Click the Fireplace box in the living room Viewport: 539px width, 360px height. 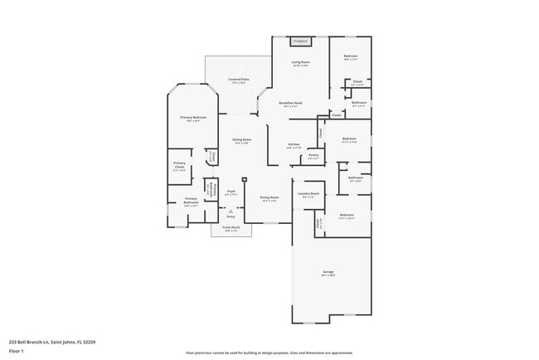click(300, 41)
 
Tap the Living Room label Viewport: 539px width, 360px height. click(300, 63)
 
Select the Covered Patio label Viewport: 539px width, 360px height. click(239, 80)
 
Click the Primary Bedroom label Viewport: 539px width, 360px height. click(193, 119)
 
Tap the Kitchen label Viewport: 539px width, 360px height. click(294, 145)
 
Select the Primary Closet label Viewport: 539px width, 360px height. click(180, 166)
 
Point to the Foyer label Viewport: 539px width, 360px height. click(231, 193)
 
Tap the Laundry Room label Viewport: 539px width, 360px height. click(310, 195)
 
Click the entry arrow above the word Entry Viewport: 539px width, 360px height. click(220, 211)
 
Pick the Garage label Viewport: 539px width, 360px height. click(328, 273)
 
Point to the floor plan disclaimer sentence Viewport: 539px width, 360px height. click(269, 353)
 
